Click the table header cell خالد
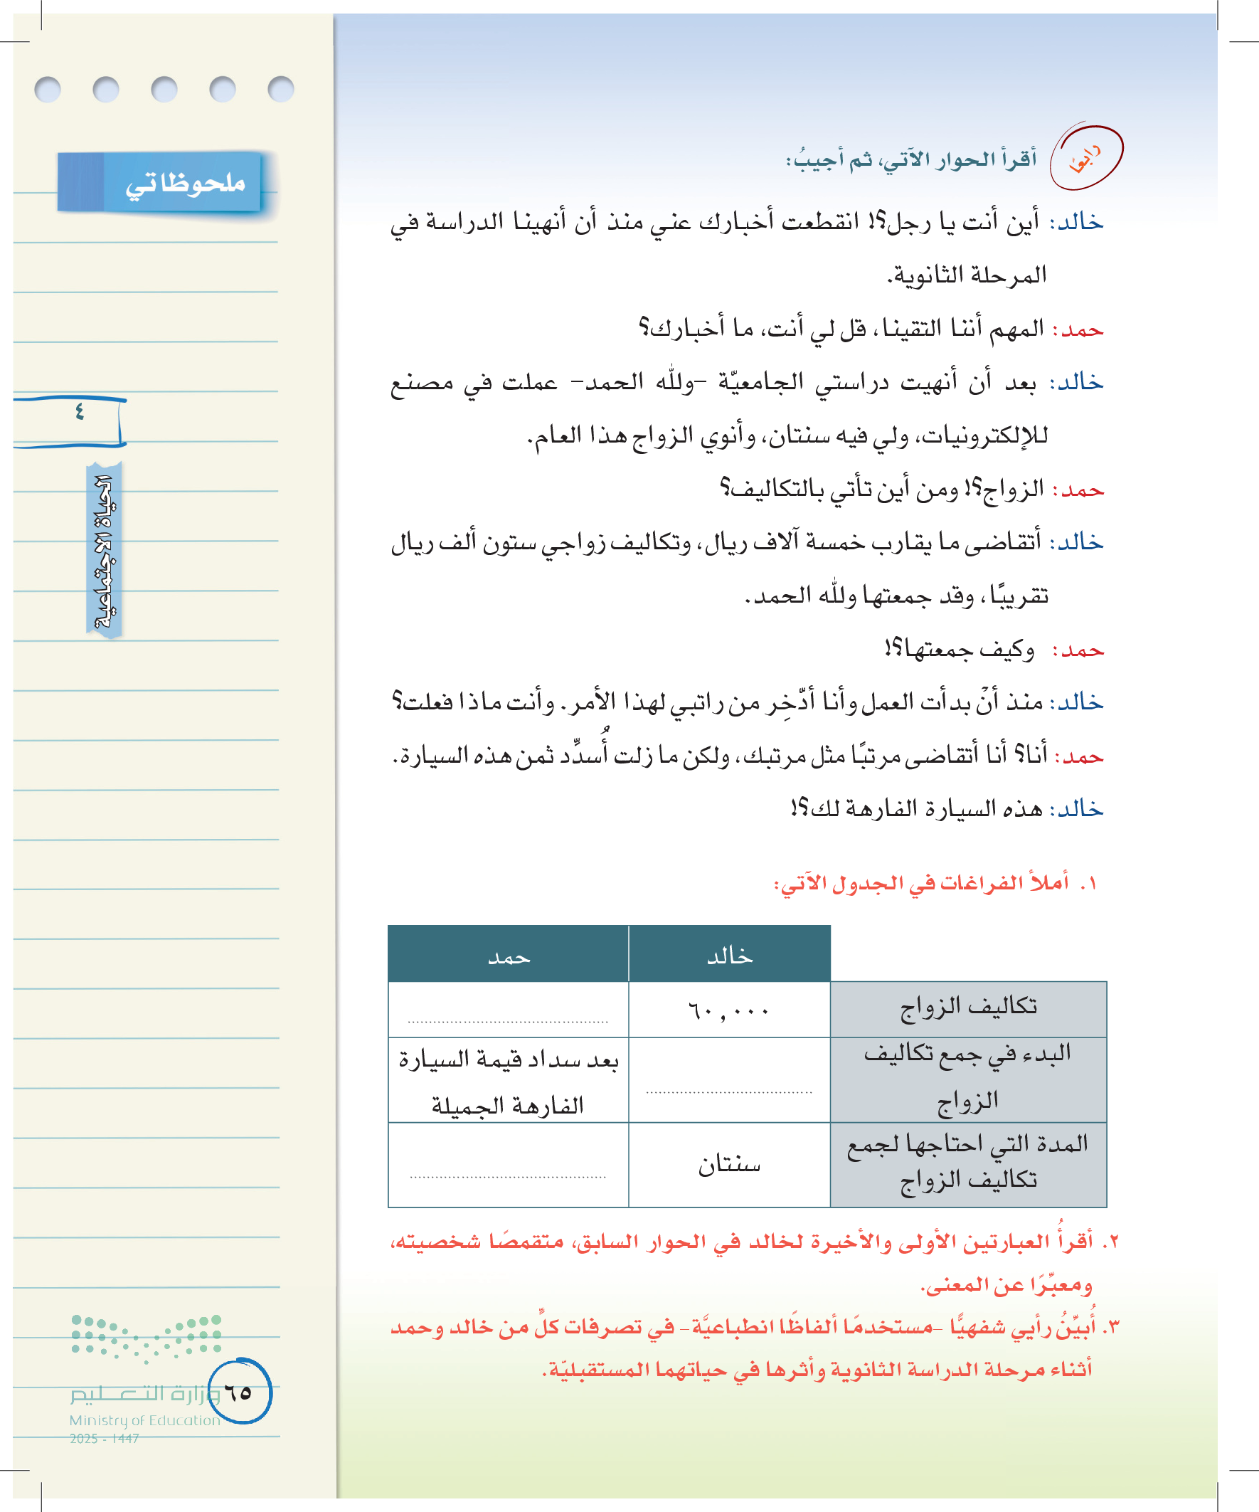click(x=729, y=955)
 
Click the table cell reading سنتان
click(x=728, y=1164)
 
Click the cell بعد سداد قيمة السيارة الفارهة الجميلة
click(x=508, y=1082)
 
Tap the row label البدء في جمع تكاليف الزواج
click(x=968, y=1078)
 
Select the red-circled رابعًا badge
click(x=1085, y=158)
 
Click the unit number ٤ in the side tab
click(x=79, y=412)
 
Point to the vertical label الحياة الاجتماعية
click(x=105, y=551)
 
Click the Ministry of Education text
click(x=144, y=1420)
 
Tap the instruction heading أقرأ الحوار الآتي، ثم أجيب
click(x=910, y=159)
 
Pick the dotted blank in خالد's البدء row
click(x=728, y=1089)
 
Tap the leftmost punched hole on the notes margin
click(x=48, y=89)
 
